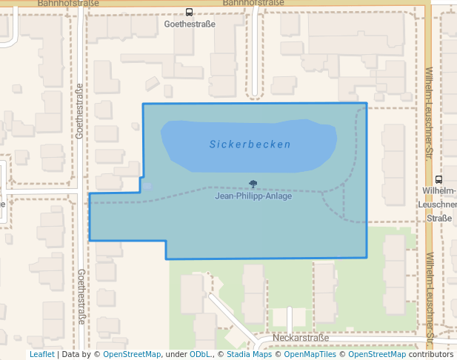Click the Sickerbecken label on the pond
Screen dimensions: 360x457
pos(250,144)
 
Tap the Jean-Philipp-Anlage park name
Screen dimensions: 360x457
pos(253,196)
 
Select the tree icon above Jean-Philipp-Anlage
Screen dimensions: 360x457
pos(253,184)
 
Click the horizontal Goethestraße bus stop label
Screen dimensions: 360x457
pos(190,24)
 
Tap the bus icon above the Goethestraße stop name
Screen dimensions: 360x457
pos(190,12)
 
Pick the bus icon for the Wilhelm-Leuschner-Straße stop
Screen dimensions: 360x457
pos(439,179)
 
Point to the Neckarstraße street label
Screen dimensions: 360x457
pos(301,338)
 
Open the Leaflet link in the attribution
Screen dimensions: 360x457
pos(41,355)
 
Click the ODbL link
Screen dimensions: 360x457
pos(201,355)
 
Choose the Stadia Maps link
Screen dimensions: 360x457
pos(247,355)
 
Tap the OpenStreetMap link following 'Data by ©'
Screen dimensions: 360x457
pos(132,355)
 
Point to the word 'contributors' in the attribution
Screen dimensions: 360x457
pos(431,355)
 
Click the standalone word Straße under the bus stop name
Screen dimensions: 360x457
pos(439,218)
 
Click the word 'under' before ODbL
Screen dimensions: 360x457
pos(177,355)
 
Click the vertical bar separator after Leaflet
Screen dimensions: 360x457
pos(58,355)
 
